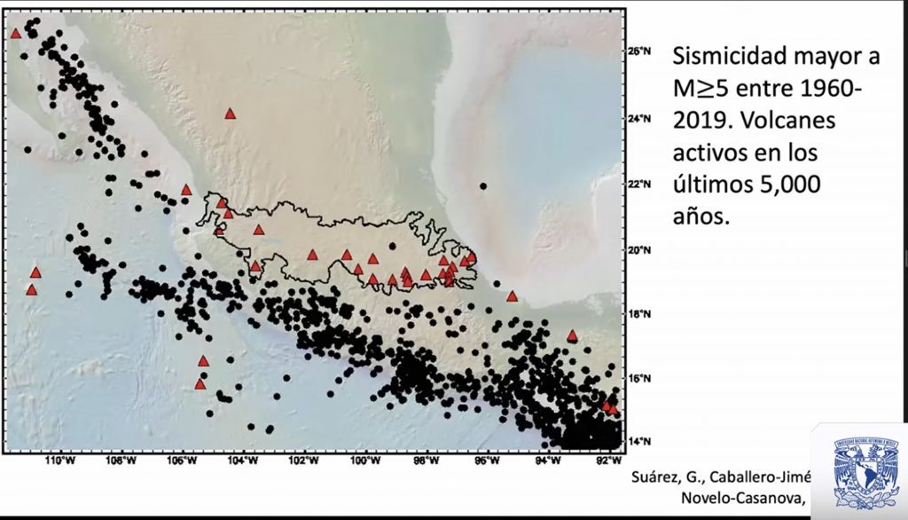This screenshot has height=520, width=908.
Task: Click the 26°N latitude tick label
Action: [641, 51]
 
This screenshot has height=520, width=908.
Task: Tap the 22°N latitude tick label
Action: [641, 184]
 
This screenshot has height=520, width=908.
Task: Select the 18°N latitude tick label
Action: [641, 314]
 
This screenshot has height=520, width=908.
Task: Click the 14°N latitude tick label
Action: [641, 441]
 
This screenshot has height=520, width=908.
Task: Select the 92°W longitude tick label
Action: [607, 461]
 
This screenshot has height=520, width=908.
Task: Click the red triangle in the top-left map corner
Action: [16, 34]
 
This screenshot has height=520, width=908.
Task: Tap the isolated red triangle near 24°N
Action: [230, 114]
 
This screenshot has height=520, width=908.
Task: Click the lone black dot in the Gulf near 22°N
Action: [483, 186]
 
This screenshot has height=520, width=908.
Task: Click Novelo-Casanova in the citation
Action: [743, 497]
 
